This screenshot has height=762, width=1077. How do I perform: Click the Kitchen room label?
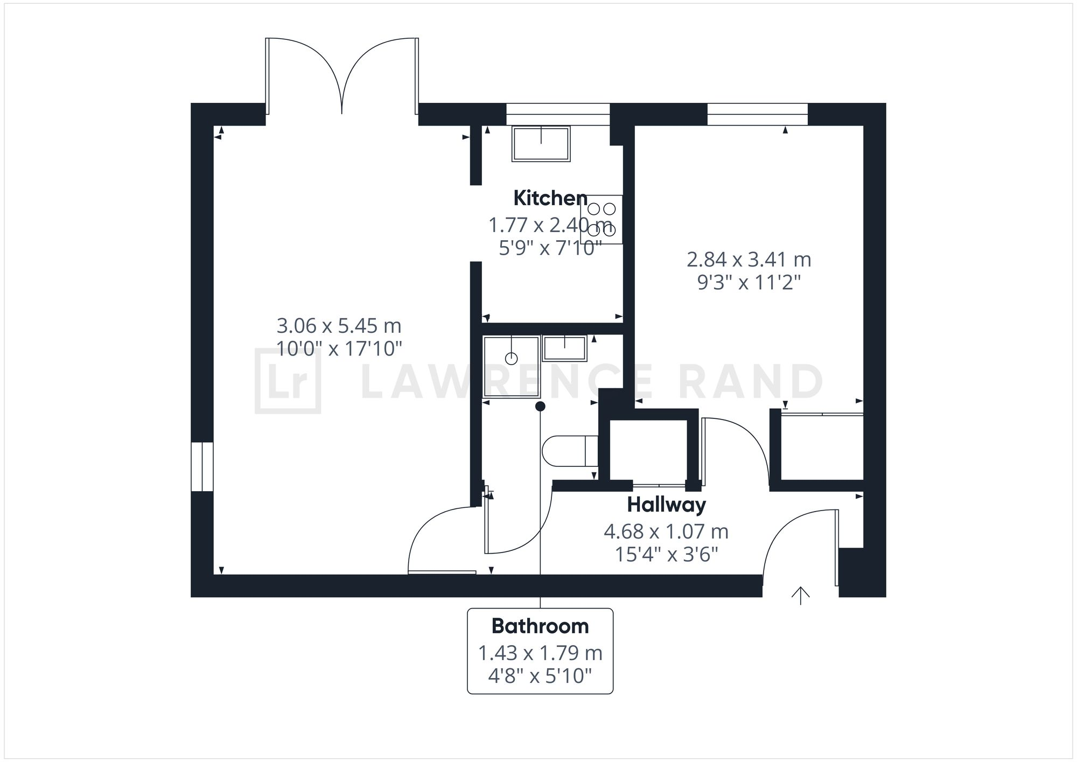coord(550,198)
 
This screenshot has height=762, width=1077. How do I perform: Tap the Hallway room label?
coord(666,505)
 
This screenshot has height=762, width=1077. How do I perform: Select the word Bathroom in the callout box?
coord(540,626)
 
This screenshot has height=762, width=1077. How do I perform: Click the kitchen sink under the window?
coord(541,144)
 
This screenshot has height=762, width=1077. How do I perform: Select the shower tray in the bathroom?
coord(511,367)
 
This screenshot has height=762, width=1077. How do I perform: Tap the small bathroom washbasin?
coord(564,348)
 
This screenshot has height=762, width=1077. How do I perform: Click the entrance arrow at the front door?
coord(801,595)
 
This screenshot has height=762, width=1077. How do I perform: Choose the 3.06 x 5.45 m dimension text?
coord(339,326)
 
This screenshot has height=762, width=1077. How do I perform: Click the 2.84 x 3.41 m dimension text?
coord(749,260)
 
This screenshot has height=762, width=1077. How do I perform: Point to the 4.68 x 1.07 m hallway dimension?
coord(666,532)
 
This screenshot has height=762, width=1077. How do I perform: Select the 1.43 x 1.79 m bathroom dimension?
coord(540,653)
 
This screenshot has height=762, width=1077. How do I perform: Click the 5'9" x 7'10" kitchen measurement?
coord(550,248)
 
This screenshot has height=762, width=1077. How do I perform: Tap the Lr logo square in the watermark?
coord(288,381)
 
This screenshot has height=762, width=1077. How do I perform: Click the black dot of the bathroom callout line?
coord(540,406)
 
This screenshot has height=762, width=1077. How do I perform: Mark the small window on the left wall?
coord(202,467)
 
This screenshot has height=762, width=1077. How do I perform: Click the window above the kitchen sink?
coord(558,114)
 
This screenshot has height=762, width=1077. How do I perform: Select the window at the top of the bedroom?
coord(757,114)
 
